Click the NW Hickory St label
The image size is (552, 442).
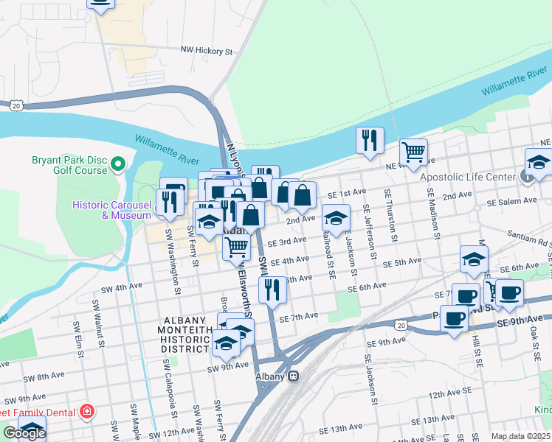click(x=207, y=52)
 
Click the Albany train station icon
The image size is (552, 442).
click(x=293, y=376)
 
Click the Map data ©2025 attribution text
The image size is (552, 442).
click(x=520, y=436)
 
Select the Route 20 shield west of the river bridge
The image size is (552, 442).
click(x=15, y=106)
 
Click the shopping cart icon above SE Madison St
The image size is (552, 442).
click(x=413, y=152)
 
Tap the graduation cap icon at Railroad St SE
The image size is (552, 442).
click(x=336, y=218)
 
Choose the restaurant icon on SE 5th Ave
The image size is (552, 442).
click(x=274, y=290)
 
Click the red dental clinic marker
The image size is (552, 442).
click(x=87, y=410)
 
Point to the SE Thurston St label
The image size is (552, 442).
click(x=388, y=214)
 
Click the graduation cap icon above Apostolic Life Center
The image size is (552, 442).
click(x=538, y=162)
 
